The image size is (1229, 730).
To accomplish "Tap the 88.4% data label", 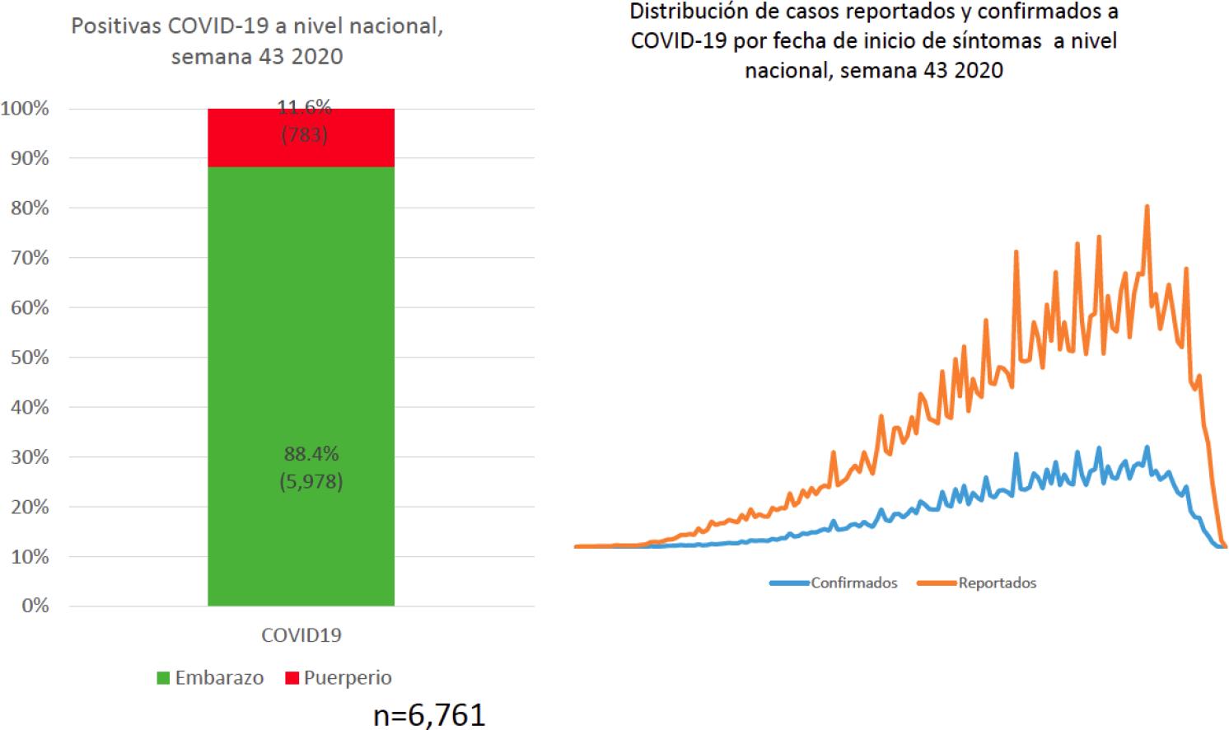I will (x=311, y=454).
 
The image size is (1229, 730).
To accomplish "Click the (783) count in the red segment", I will (x=305, y=135).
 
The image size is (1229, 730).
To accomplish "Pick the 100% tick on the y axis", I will (x=26, y=109).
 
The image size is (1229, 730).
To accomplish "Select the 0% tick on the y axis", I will (x=35, y=606).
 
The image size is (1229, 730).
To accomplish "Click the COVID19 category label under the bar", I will (x=301, y=635).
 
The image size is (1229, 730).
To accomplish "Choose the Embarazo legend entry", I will (x=211, y=678).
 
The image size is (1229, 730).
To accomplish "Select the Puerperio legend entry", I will (x=339, y=678).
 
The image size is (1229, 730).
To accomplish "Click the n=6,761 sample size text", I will (x=429, y=714).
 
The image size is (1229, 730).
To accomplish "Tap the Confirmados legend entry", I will (x=834, y=583).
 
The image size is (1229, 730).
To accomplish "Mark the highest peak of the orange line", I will (x=1147, y=207).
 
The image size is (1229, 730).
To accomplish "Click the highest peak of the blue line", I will (x=1147, y=447).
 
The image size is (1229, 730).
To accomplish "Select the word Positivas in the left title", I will (x=116, y=26).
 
